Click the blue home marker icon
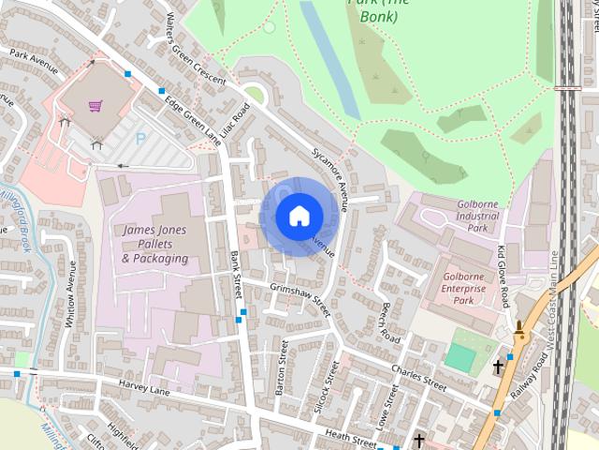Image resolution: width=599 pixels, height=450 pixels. click(299, 216)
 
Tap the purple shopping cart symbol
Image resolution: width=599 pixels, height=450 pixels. click(95, 105)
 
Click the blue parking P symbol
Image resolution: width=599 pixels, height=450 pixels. click(141, 138)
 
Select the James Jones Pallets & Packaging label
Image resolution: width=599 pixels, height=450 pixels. click(154, 244)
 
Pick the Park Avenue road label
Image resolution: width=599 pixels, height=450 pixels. click(34, 68)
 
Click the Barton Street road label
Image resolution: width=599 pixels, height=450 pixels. click(280, 367)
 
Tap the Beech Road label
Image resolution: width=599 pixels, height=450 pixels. click(389, 324)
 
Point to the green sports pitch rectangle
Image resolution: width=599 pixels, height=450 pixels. click(460, 357)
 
